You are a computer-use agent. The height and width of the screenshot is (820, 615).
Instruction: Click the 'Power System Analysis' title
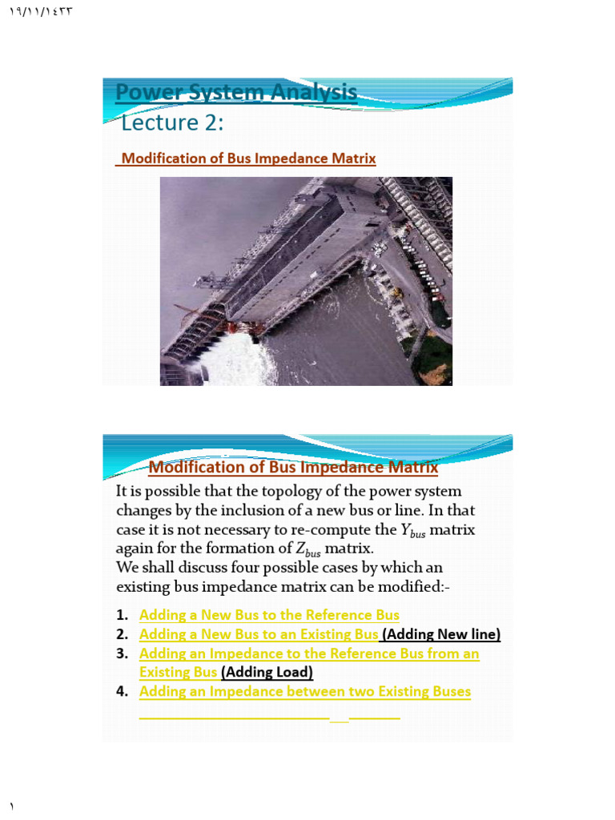coord(236,93)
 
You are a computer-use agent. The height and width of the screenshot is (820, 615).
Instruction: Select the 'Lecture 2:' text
coord(171,123)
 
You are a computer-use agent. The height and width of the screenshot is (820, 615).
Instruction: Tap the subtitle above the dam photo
coord(247,159)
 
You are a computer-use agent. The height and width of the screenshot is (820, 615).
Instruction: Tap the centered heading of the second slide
coord(293,467)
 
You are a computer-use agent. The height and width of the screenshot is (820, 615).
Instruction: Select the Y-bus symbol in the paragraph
coord(412,531)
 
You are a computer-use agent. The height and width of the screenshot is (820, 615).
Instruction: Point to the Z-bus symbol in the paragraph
coord(307,550)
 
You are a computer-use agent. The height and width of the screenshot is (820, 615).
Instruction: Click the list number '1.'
coord(122,615)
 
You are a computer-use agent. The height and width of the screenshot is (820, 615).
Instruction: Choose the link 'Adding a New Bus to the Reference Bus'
coord(269,615)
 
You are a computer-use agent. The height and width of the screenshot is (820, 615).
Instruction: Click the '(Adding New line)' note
coord(441,634)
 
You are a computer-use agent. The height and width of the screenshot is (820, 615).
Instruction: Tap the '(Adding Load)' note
coord(267,672)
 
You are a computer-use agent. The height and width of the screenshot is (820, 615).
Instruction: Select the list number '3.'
coord(122,653)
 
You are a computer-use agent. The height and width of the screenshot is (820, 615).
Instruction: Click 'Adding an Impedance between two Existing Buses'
coord(305,691)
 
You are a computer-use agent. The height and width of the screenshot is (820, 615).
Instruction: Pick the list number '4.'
coord(122,691)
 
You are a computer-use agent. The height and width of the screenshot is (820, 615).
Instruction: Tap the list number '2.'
coord(122,634)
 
